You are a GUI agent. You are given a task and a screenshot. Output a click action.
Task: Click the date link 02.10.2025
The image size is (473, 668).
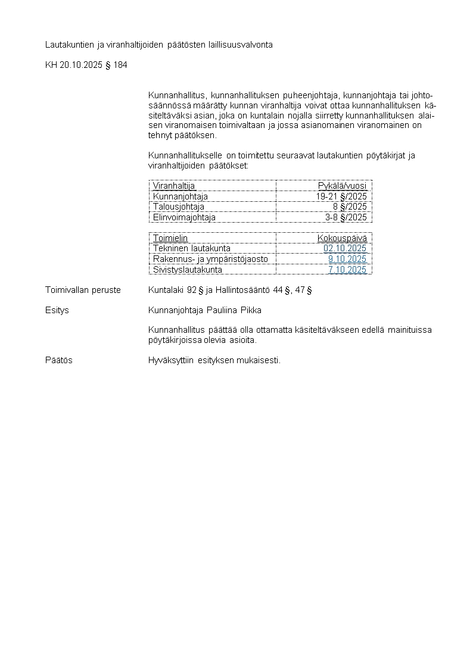tap(345, 248)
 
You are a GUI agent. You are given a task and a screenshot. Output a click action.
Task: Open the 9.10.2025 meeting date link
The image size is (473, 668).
tap(347, 259)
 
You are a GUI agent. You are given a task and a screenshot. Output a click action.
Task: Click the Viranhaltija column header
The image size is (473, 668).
tap(174, 186)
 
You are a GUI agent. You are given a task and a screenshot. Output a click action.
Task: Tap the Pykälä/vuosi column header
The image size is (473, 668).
tap(342, 186)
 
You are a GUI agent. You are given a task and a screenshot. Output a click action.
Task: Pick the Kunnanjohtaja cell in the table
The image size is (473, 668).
tap(180, 196)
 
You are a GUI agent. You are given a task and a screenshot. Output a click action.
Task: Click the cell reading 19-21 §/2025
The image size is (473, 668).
tap(341, 196)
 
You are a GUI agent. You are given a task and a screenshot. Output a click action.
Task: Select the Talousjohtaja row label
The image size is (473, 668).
tap(178, 207)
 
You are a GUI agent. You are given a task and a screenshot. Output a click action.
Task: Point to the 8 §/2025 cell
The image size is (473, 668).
tap(350, 207)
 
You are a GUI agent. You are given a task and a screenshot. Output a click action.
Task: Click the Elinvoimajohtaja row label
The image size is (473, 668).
tap(184, 217)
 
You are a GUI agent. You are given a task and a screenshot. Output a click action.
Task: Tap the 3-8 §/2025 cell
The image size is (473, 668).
tap(346, 217)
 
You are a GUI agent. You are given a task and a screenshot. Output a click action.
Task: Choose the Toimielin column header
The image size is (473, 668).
tap(170, 238)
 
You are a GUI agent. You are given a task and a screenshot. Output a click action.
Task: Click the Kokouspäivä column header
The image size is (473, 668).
tap(342, 238)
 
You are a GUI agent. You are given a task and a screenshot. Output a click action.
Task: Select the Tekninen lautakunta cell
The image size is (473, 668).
tap(191, 248)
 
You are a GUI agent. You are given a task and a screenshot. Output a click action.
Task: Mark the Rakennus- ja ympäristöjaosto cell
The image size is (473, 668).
tap(210, 259)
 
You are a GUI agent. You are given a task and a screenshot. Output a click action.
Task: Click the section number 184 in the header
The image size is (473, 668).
tap(120, 65)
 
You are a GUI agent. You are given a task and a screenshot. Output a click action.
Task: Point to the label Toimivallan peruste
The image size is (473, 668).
tap(83, 290)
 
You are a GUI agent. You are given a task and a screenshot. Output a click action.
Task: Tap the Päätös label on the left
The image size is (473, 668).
tap(59, 360)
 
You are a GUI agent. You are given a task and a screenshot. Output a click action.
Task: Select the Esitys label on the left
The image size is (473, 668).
tap(57, 310)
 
